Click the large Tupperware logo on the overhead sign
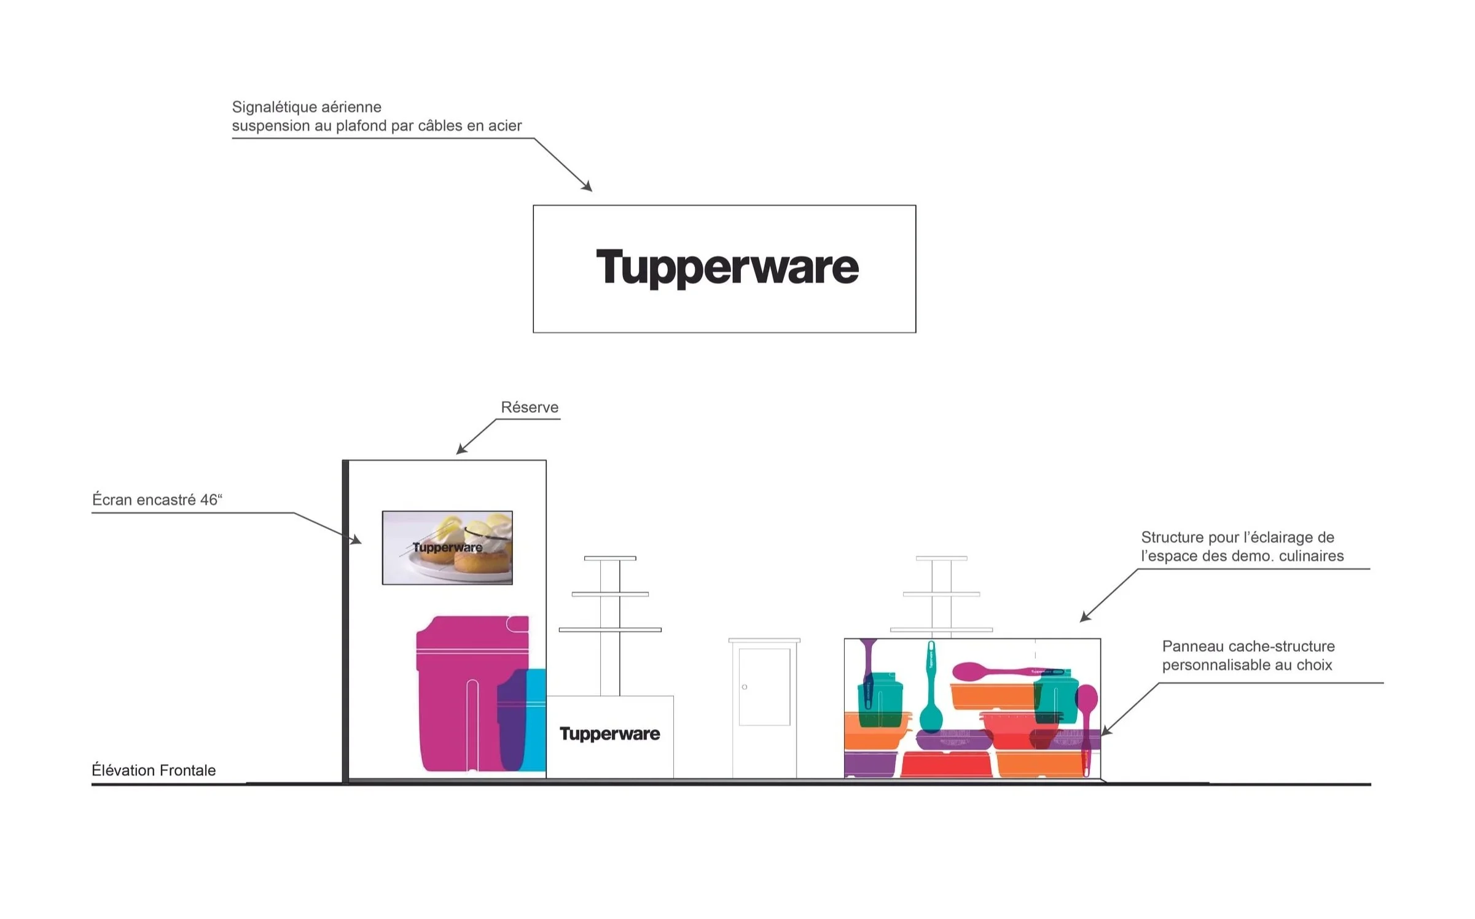pos(727,267)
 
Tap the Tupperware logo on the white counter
pos(609,733)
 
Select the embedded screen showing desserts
pos(447,547)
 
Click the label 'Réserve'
pos(530,407)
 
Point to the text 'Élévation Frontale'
pos(154,770)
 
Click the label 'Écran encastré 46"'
pos(157,500)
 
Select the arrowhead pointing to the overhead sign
pos(587,187)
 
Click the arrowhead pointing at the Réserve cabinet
pos(461,450)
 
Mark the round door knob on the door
pos(745,687)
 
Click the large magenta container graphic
pos(458,694)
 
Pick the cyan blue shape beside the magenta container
pos(536,719)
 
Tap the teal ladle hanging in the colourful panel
pos(931,694)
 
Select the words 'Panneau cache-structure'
pos(1248,646)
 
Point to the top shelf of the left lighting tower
pos(610,558)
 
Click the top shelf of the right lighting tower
pos(941,558)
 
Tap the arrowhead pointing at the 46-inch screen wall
pos(356,541)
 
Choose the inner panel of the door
pos(764,687)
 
